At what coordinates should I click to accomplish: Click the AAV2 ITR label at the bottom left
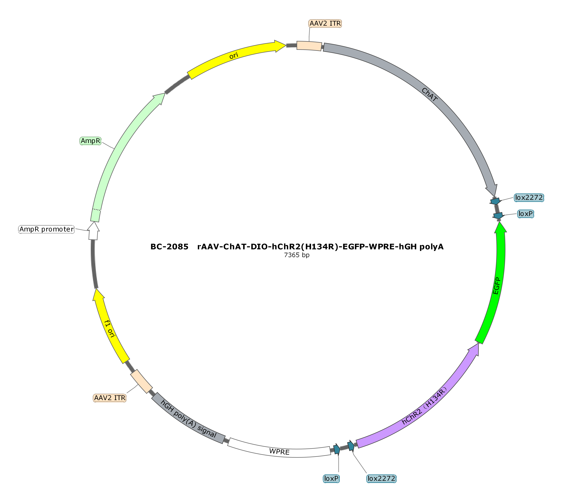click(x=110, y=398)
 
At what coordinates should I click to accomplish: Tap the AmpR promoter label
click(x=46, y=229)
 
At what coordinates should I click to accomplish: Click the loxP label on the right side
click(x=525, y=214)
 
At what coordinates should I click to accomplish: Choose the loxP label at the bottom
click(x=331, y=479)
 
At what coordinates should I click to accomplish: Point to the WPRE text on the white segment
click(x=279, y=452)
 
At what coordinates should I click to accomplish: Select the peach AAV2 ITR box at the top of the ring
click(x=309, y=46)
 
